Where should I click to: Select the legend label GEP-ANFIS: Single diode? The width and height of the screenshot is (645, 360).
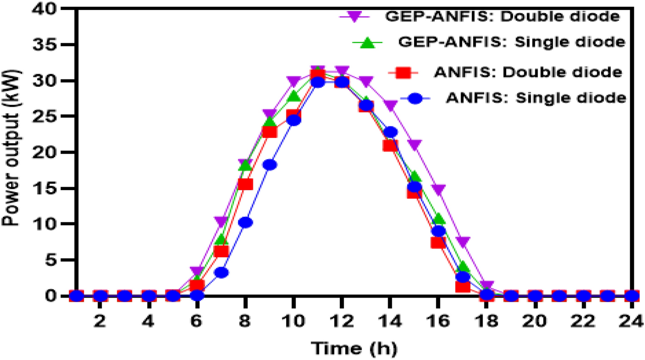pyautogui.click(x=510, y=42)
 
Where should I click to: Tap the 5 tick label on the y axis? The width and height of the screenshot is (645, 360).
pyautogui.click(x=59, y=260)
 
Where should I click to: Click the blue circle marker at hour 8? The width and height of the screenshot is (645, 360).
pyautogui.click(x=246, y=222)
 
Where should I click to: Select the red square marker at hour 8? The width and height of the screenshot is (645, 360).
pyautogui.click(x=246, y=184)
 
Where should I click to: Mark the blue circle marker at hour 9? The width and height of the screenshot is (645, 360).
pyautogui.click(x=270, y=165)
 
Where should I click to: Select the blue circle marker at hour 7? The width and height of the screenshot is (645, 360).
pyautogui.click(x=221, y=273)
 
